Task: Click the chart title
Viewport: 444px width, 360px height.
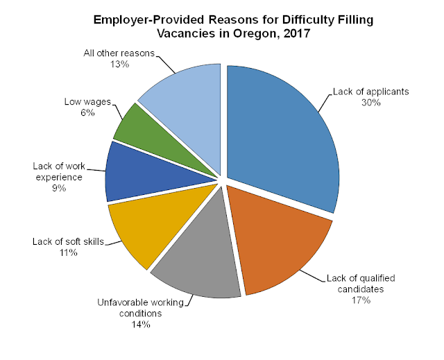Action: tap(233, 26)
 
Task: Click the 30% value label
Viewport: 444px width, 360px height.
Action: tap(371, 103)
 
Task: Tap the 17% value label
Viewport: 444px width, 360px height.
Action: tap(361, 300)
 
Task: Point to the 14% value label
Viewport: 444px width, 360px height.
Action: tap(140, 325)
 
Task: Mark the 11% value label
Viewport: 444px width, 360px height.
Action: tap(68, 252)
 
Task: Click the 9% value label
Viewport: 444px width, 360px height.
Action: tap(59, 188)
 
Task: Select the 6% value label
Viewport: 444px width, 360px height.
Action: tap(87, 112)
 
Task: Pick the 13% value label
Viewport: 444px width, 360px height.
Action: tap(119, 65)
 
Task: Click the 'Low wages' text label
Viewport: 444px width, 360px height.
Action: tap(87, 101)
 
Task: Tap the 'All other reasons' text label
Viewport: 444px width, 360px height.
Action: tap(119, 53)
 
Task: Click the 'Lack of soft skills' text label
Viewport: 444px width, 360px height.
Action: tap(68, 241)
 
